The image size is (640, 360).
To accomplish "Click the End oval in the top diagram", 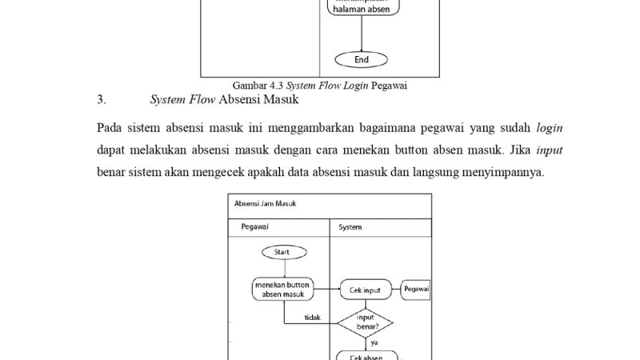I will [362, 59].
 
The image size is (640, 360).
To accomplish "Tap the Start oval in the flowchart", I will [284, 252].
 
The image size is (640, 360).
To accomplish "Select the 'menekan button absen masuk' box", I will [283, 290].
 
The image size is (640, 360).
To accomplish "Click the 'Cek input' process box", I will [366, 290].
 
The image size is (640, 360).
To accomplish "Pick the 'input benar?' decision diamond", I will [365, 322].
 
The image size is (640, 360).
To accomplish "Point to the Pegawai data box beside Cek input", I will [416, 289].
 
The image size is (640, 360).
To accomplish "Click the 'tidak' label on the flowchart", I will [313, 318].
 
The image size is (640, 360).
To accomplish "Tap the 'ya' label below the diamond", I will [374, 342].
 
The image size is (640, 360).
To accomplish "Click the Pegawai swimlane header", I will [255, 227].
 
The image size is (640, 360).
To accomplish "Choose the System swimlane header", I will [350, 227].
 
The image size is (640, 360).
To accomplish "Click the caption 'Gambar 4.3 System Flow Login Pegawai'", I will [326, 85].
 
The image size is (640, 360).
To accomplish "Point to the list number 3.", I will [101, 100].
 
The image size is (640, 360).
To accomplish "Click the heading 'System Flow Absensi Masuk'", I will [224, 100].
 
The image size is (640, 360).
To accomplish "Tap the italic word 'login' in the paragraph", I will [549, 128].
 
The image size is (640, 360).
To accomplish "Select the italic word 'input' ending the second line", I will [549, 150].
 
